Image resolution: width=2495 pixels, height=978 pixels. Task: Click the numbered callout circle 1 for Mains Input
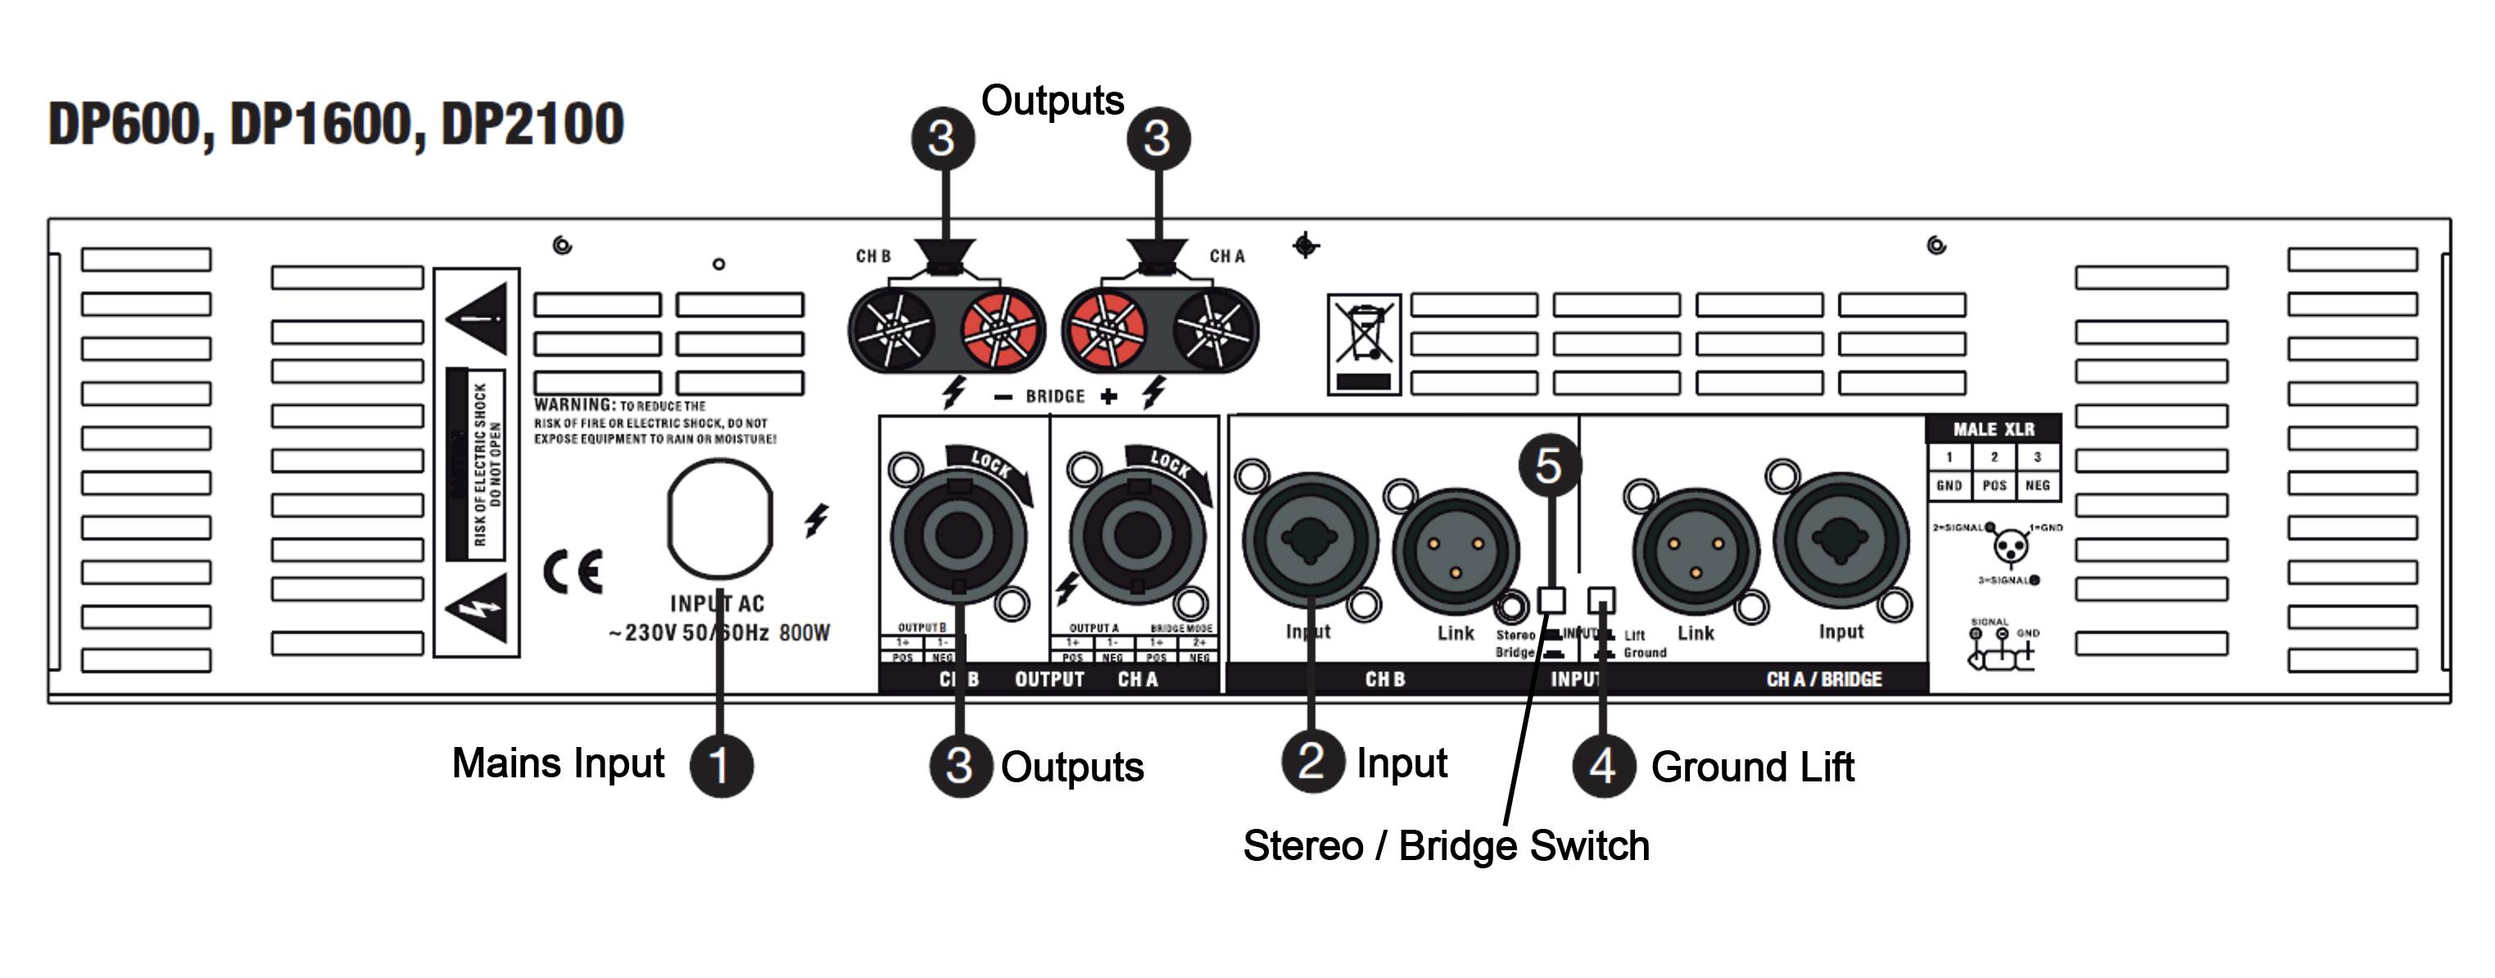click(x=721, y=765)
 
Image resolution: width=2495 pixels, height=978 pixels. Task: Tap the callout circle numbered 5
click(x=1549, y=466)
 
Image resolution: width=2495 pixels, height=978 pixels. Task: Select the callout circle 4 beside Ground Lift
click(x=1603, y=766)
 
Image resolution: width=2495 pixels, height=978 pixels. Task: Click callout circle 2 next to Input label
click(x=1311, y=761)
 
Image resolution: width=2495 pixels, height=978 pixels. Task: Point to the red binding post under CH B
click(x=1000, y=329)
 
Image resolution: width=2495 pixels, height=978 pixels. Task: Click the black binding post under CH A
click(x=1211, y=329)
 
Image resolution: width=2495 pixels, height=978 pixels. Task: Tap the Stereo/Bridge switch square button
click(x=1551, y=600)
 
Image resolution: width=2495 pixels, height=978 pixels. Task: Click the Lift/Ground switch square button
click(x=1602, y=600)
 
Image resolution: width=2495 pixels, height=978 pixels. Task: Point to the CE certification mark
click(x=573, y=571)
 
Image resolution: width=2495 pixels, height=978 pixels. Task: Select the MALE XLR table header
click(x=1993, y=429)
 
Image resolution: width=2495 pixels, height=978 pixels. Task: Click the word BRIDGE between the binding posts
click(x=1055, y=396)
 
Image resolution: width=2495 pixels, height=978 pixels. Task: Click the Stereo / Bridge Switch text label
click(x=1446, y=845)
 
